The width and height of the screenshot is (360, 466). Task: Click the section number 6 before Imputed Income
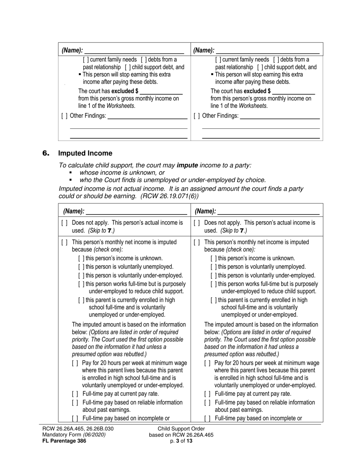(46, 153)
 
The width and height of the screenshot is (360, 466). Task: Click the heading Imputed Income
(85, 153)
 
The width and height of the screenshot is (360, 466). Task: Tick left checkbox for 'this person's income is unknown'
(81, 258)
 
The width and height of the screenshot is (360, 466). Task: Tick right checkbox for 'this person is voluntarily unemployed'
(213, 267)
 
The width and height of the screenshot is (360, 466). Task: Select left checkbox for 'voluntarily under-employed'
(81, 276)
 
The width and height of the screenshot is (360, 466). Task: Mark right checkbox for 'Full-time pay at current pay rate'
(207, 394)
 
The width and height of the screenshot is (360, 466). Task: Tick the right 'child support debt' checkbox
(260, 67)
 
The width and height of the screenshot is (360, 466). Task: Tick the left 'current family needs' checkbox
(86, 60)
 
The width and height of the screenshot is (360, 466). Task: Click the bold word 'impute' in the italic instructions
(187, 165)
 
